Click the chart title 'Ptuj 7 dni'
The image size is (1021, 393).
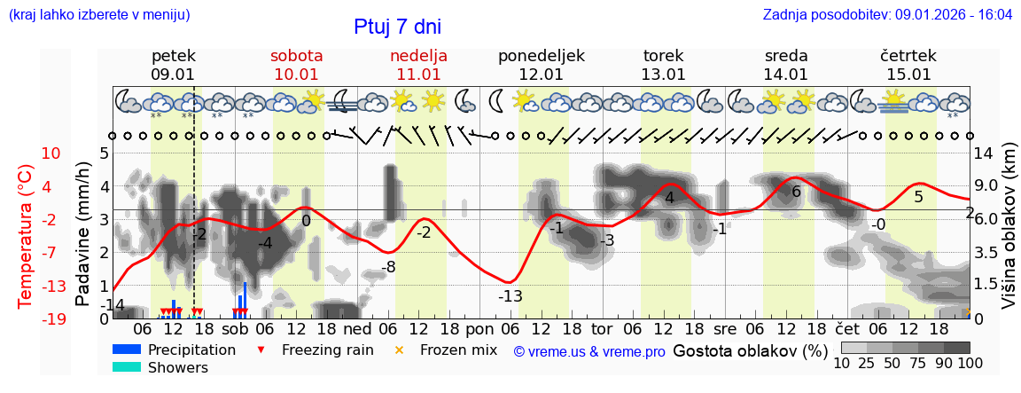pyautogui.click(x=397, y=27)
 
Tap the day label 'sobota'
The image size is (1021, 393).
pyautogui.click(x=296, y=56)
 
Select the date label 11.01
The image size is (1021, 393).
pyautogui.click(x=418, y=75)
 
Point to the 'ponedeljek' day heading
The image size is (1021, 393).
pyautogui.click(x=541, y=56)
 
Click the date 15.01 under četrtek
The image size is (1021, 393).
pyautogui.click(x=908, y=75)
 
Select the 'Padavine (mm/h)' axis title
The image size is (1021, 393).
pyautogui.click(x=84, y=234)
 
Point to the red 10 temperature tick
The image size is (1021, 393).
pyautogui.click(x=51, y=153)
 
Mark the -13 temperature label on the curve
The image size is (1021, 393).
pyautogui.click(x=510, y=296)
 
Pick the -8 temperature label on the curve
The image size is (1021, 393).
pyautogui.click(x=388, y=267)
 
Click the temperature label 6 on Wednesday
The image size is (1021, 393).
pyautogui.click(x=796, y=192)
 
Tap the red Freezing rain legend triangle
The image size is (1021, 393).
pyautogui.click(x=260, y=350)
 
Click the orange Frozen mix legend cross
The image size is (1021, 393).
pyautogui.click(x=399, y=350)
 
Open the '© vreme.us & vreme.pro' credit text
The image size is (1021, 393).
pyautogui.click(x=589, y=351)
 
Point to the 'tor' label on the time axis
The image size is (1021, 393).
pyautogui.click(x=602, y=326)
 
